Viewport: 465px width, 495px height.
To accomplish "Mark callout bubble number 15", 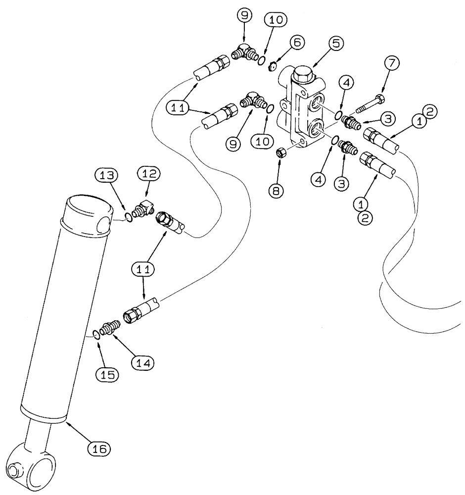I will tap(110, 375).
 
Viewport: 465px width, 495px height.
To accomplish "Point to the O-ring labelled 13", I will tap(129, 216).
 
